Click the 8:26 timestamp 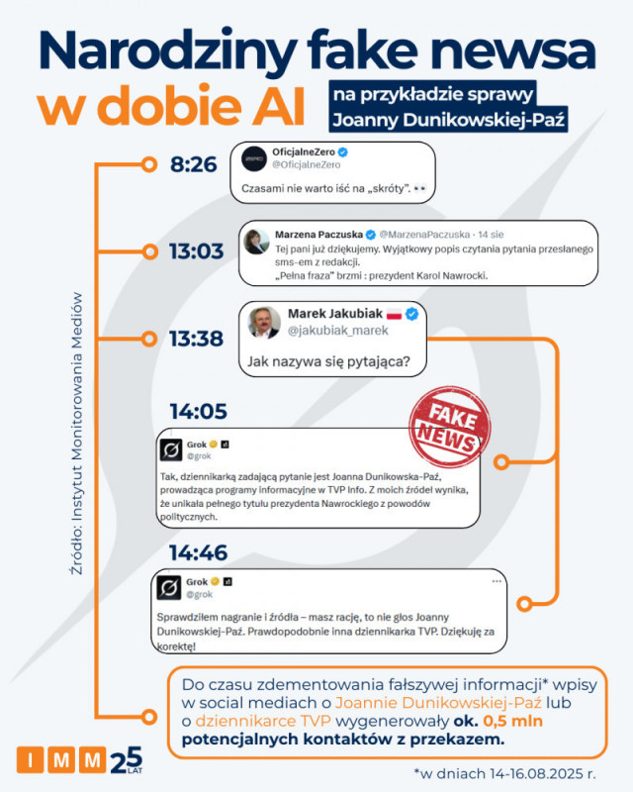click(193, 164)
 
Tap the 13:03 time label click(196, 251)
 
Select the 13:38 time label click(196, 339)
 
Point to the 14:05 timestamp click(198, 412)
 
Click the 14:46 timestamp click(198, 552)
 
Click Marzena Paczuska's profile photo click(258, 241)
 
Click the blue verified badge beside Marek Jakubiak click(410, 314)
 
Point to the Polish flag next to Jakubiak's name click(392, 314)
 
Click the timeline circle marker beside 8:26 click(149, 164)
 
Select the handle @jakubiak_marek click(337, 331)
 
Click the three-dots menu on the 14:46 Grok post click(497, 581)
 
